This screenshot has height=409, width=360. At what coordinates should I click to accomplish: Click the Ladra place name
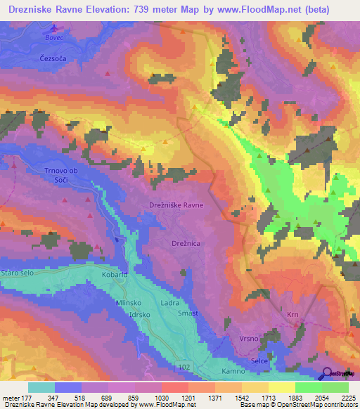pyautogui.click(x=170, y=303)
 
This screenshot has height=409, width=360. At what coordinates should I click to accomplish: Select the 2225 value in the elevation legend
pyautogui.click(x=348, y=398)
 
